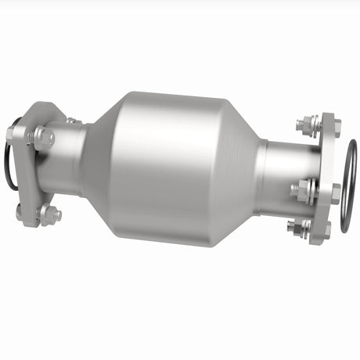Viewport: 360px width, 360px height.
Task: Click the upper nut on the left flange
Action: pos(43,139)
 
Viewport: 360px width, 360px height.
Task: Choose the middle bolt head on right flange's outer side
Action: pos(337,191)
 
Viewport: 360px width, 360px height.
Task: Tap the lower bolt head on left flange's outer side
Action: pos(19,210)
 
